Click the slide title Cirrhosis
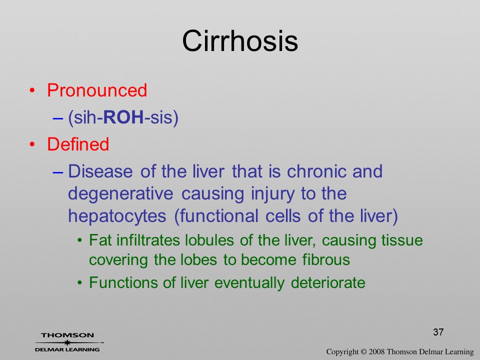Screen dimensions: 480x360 pyautogui.click(x=240, y=41)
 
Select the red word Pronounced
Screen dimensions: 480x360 pyautogui.click(x=97, y=90)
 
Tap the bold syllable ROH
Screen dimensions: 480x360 pyautogui.click(x=123, y=117)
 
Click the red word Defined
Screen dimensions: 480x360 pyautogui.click(x=78, y=144)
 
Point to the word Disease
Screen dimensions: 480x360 pyautogui.click(x=100, y=171)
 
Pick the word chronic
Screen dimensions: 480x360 pyautogui.click(x=316, y=171)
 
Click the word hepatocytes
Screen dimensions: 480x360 pyautogui.click(x=117, y=216)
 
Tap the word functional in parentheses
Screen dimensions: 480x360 pyautogui.click(x=216, y=216)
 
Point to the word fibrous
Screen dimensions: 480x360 pyautogui.click(x=326, y=259)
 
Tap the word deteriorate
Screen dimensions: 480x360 pyautogui.click(x=328, y=282)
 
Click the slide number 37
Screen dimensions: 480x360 pyautogui.click(x=438, y=332)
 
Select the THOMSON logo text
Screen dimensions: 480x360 pyautogui.click(x=67, y=335)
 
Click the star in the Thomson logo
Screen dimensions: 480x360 pyautogui.click(x=67, y=342)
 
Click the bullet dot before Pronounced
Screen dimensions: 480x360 pyautogui.click(x=32, y=90)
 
